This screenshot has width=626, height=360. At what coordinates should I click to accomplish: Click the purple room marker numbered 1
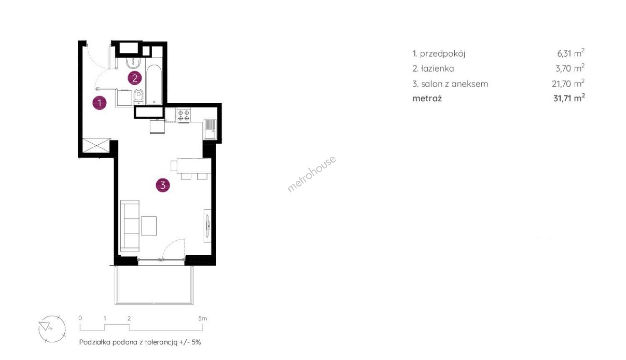click(x=99, y=103)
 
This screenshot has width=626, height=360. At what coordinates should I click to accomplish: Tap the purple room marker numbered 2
click(x=135, y=78)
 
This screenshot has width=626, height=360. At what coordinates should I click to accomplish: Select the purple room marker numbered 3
click(x=163, y=185)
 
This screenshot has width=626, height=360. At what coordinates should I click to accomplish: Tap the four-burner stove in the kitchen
click(x=184, y=115)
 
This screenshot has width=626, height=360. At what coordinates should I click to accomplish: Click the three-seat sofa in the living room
click(x=130, y=226)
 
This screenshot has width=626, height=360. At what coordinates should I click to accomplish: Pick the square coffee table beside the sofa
click(x=149, y=226)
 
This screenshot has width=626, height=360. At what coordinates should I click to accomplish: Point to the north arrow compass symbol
click(x=52, y=329)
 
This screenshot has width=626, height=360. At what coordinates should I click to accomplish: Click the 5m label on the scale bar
click(x=203, y=318)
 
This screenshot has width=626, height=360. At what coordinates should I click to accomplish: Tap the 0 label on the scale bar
click(x=80, y=318)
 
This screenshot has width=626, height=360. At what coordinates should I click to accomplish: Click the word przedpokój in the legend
click(x=442, y=54)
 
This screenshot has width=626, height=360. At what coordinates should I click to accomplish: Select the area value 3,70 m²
click(x=570, y=68)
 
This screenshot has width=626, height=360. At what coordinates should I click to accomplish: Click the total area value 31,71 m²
click(x=569, y=98)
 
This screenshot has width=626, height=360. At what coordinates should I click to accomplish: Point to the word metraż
click(x=427, y=99)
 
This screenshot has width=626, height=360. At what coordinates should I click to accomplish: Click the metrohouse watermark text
click(x=311, y=174)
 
